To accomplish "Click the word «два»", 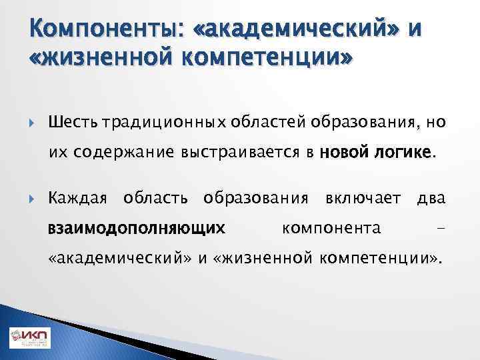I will tap(431, 199).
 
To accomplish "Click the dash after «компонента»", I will tap(439, 229).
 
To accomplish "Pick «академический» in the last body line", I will tap(121, 259).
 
